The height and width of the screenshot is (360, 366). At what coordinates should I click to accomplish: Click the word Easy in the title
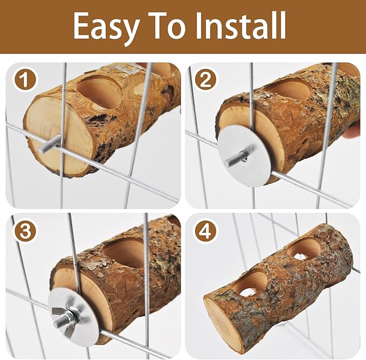tap(107, 26)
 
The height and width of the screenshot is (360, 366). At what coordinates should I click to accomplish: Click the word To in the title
tap(168, 25)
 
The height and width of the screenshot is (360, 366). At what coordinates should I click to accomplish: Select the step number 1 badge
tap(25, 80)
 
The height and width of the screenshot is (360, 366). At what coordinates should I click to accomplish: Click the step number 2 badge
tap(205, 80)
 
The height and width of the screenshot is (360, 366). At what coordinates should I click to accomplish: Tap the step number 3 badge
tap(25, 231)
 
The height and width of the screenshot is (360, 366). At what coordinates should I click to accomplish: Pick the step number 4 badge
tap(205, 231)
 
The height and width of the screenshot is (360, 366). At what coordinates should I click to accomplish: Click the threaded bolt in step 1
tap(50, 144)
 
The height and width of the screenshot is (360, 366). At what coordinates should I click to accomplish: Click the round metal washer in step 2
tap(246, 156)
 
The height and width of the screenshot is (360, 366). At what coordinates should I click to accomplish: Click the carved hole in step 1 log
tap(99, 92)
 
